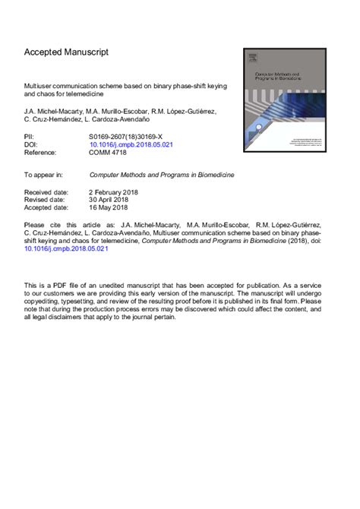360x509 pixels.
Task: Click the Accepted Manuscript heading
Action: coord(67,52)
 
